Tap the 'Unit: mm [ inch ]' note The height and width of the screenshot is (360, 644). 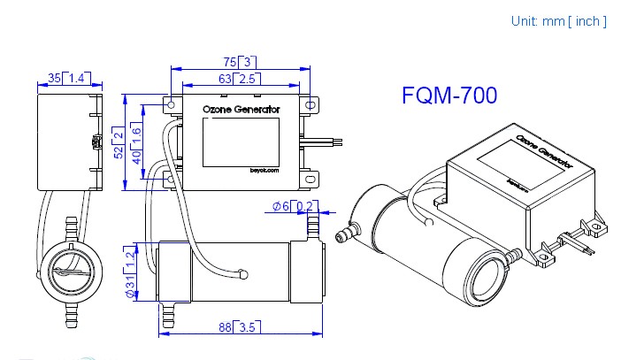(558, 21)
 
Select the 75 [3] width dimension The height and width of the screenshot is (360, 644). (239, 62)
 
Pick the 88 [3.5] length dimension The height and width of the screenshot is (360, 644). (239, 328)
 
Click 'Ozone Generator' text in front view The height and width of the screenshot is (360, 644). (241, 110)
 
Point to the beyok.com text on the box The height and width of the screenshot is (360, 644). (264, 170)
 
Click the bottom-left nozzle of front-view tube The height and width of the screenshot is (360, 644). (167, 312)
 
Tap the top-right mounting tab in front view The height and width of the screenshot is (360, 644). (310, 106)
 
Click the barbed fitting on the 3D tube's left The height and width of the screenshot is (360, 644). (345, 236)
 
